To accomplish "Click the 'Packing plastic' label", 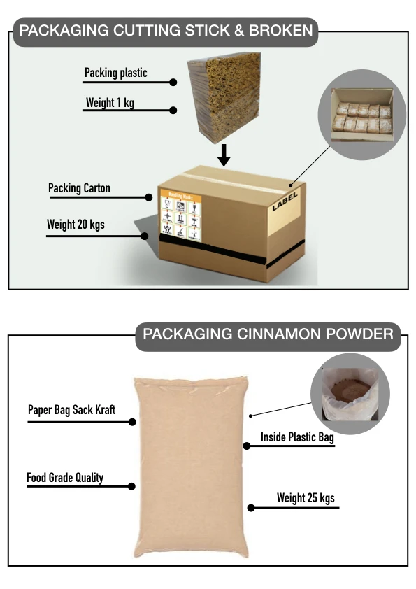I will pos(116,73).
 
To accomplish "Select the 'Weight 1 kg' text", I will pos(110,103).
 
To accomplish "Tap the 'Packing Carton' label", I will pos(79,188).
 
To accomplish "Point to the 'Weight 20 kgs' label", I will pos(76,225).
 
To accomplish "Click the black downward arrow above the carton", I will pos(224,155).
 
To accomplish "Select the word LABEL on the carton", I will pos(285,202).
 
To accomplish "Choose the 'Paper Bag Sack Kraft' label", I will pos(71,410).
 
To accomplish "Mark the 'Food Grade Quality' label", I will pos(65,478).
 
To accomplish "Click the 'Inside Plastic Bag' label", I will pos(297,437).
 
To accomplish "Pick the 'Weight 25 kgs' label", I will pos(306,498).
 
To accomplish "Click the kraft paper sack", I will pos(189,465).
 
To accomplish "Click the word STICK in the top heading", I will pos(213,30).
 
